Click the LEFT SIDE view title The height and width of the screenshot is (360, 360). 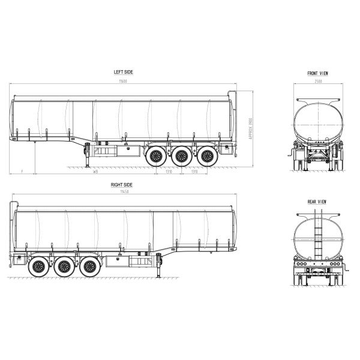pos(124,72)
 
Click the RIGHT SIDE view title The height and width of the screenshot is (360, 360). pos(122,185)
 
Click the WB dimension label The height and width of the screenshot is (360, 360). pos(95,172)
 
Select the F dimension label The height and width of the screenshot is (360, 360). pos(22,172)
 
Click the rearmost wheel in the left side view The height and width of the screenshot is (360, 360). pos(208,158)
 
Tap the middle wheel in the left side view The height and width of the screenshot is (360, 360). pos(182,158)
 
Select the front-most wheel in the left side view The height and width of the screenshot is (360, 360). pos(156,158)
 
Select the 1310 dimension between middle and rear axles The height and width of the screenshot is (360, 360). pos(194,172)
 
